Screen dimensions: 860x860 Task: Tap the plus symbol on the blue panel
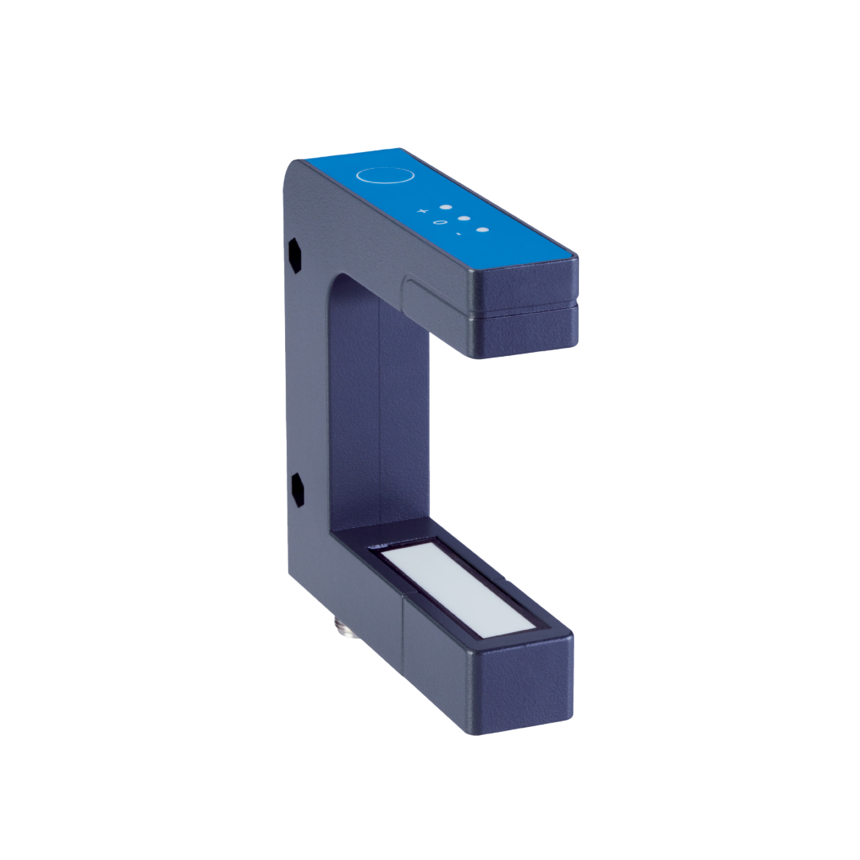click(x=423, y=212)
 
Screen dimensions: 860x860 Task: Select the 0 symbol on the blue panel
click(x=438, y=223)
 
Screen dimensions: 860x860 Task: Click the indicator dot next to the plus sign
click(x=445, y=207)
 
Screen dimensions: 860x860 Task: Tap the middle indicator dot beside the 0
click(x=463, y=218)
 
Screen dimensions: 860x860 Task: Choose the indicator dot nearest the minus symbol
click(x=481, y=230)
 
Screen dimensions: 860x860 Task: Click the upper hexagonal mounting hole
click(x=294, y=255)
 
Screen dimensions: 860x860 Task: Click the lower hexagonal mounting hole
click(x=297, y=489)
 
